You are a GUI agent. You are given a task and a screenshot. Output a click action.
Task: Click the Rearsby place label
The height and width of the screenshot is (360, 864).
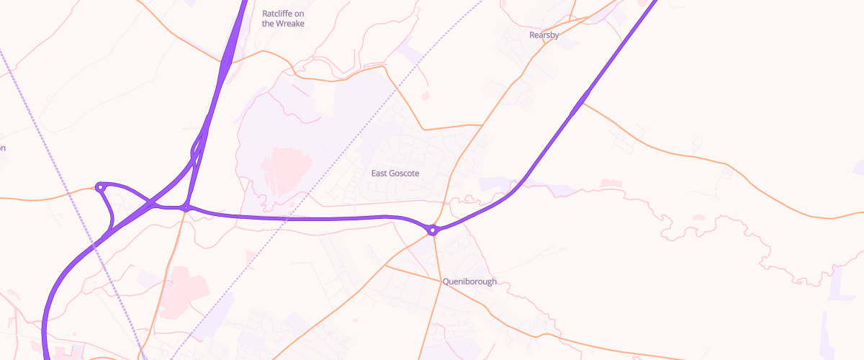(544, 35)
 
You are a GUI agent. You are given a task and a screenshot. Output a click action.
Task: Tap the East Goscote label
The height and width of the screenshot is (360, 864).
(395, 174)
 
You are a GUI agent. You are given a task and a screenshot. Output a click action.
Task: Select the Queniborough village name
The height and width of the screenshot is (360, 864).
(469, 282)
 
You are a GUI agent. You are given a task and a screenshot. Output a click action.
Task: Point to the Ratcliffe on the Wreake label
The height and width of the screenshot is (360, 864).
(283, 18)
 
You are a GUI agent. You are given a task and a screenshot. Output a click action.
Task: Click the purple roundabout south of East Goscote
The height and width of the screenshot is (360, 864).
(433, 230)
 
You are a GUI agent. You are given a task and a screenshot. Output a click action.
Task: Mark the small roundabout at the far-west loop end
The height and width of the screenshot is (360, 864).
(100, 187)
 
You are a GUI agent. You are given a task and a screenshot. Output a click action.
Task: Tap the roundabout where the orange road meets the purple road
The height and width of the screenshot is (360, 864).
(186, 208)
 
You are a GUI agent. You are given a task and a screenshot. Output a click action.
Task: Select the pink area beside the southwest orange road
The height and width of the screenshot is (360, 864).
(180, 292)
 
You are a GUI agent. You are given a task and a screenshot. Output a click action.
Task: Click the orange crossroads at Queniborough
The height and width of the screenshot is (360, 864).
(441, 280)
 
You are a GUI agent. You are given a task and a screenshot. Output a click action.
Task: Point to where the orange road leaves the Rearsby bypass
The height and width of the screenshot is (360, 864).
(582, 103)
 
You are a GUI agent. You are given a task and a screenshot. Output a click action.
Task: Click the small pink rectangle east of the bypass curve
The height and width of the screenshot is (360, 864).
(611, 184)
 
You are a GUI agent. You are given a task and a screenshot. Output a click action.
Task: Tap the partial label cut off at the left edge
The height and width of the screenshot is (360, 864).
(2, 148)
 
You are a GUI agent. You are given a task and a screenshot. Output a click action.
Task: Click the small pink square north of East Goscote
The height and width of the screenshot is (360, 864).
(425, 95)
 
